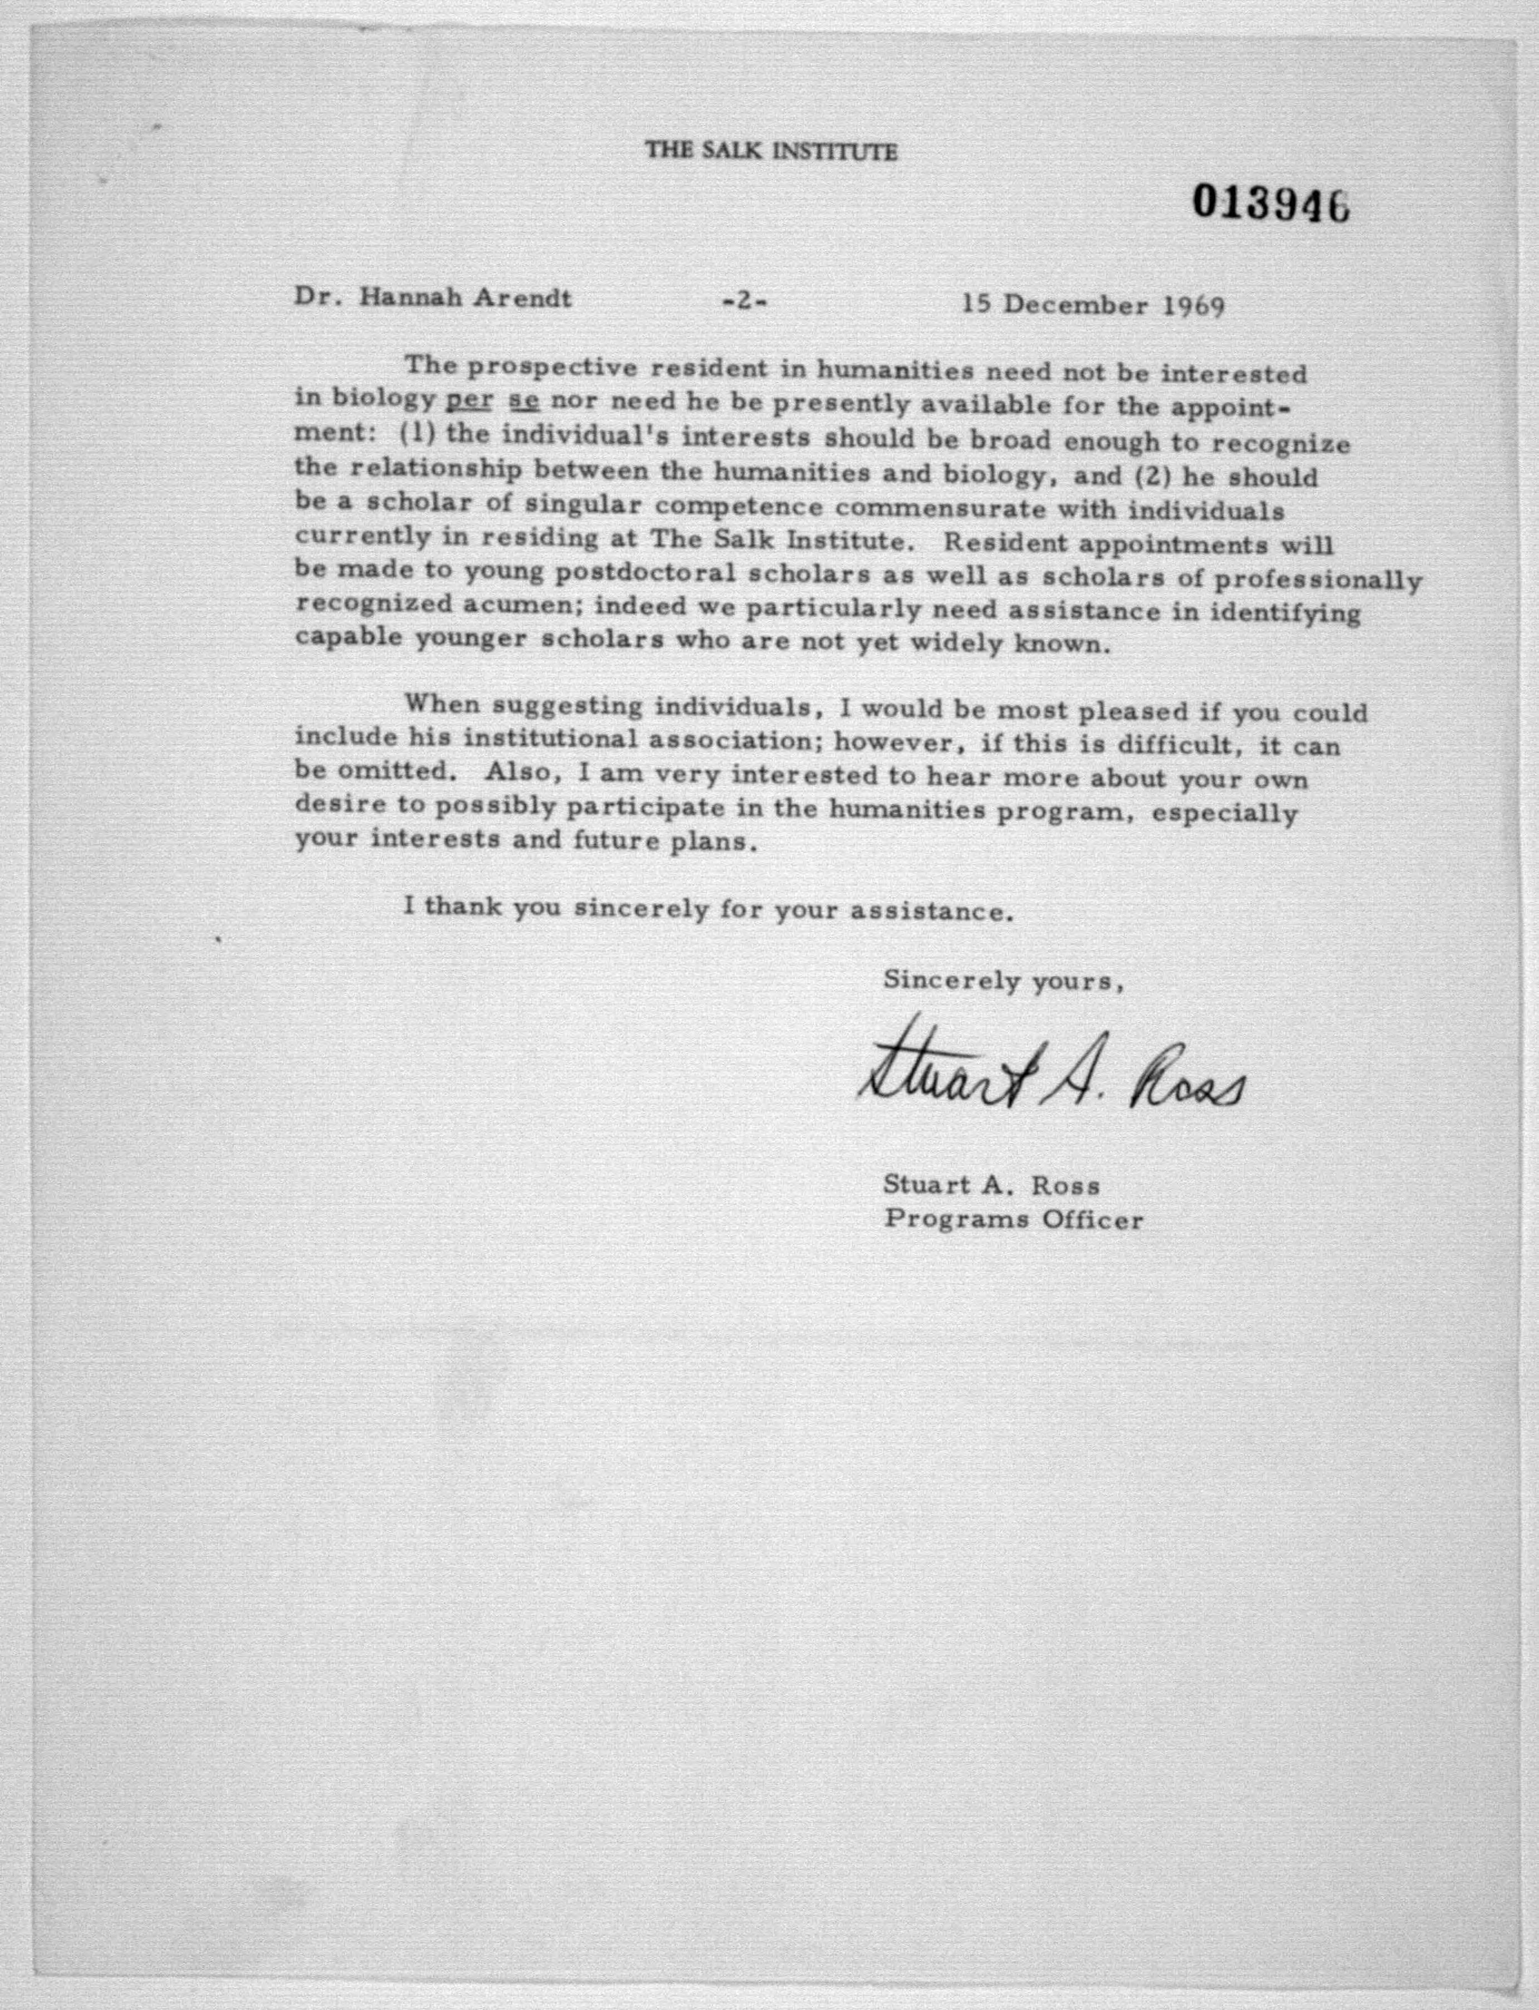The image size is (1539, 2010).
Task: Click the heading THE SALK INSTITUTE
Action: coord(771,151)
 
